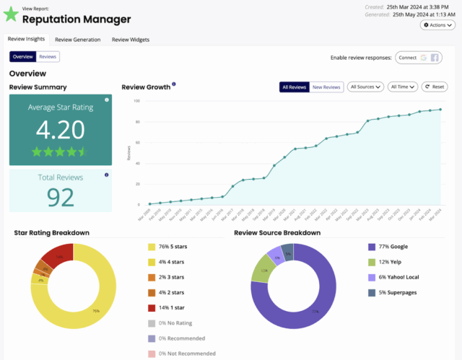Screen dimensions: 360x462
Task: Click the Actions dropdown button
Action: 437,25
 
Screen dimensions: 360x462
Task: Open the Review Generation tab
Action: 77,40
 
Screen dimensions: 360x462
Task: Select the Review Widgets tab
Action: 131,40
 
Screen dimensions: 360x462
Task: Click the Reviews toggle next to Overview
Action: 48,56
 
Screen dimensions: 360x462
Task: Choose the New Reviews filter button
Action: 326,87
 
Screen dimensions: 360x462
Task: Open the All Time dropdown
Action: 403,87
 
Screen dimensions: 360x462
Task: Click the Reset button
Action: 435,87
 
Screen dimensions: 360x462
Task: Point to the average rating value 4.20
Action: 61,130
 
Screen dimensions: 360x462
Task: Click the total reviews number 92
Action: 61,197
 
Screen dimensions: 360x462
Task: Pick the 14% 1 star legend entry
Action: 169,307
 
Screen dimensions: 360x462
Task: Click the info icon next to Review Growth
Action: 174,84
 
